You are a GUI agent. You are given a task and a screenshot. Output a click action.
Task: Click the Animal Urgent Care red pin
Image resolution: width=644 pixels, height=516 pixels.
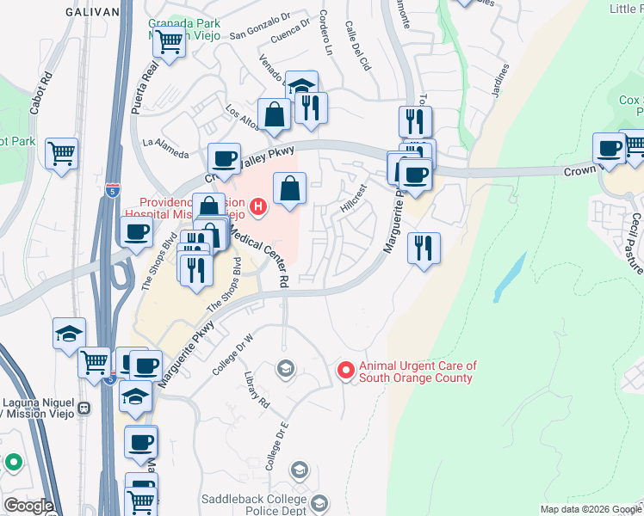[x=346, y=371]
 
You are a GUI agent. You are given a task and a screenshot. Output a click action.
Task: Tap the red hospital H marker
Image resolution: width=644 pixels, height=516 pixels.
[x=257, y=206]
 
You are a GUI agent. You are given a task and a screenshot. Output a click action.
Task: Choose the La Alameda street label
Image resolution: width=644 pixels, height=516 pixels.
[x=164, y=148]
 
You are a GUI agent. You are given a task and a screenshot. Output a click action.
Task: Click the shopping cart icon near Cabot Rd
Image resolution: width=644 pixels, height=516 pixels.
[x=61, y=154]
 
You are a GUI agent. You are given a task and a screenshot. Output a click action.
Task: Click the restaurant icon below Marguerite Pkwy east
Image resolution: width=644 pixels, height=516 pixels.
[x=424, y=249]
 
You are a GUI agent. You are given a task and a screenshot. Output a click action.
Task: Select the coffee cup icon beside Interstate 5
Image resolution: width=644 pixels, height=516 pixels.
[x=137, y=231]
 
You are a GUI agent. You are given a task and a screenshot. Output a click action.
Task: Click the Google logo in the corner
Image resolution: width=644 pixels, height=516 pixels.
[x=28, y=506]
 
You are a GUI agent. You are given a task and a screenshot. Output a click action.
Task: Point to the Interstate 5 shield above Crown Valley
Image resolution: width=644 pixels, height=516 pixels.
[x=112, y=188]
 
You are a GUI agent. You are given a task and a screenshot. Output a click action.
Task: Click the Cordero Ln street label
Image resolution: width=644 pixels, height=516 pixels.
[x=326, y=32]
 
